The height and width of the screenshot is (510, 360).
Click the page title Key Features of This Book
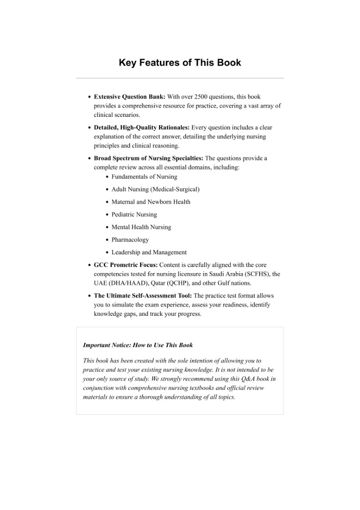coord(180,63)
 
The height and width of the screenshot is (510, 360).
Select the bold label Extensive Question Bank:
coord(129,97)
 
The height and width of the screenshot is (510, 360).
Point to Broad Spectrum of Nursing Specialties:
coord(149,158)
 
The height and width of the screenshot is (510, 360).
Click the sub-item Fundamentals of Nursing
coord(144,177)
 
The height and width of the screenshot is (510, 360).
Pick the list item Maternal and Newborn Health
coord(151,202)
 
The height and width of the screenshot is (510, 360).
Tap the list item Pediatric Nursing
coord(134,214)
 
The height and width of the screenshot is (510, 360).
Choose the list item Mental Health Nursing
coord(141,227)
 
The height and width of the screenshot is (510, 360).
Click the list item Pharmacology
coord(130,240)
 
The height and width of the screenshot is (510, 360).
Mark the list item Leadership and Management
coord(149,252)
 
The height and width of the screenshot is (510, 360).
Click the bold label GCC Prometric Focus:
coord(126,265)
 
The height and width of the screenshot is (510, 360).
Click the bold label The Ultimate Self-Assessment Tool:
coord(143,296)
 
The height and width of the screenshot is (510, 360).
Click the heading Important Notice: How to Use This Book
coord(138,345)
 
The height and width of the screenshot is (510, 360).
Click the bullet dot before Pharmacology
coord(107,240)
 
